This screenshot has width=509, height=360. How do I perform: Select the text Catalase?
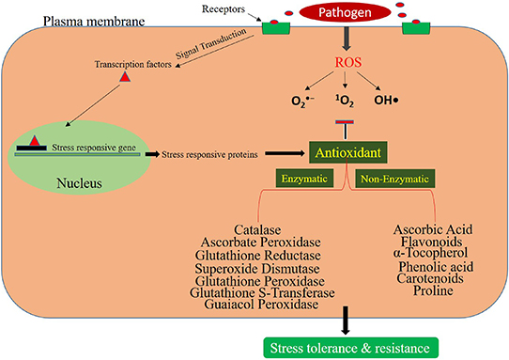click(255, 230)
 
